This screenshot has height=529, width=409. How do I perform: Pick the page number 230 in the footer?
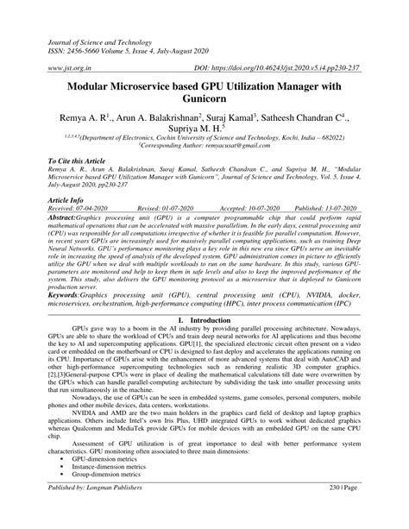point(344,512)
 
